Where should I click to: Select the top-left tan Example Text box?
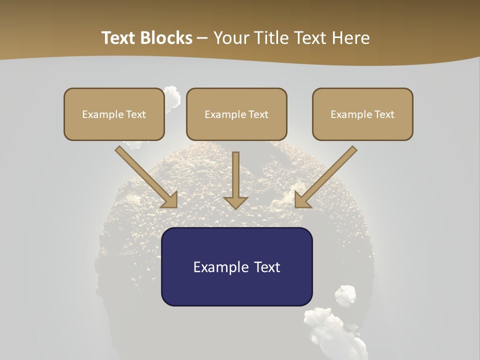click(x=114, y=114)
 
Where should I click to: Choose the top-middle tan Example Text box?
click(x=236, y=114)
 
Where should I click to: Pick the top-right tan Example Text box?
click(x=362, y=114)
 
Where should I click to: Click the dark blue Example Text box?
click(x=236, y=266)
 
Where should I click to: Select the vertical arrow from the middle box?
click(x=235, y=177)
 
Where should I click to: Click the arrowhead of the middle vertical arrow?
click(x=235, y=202)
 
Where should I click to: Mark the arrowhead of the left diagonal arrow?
click(x=170, y=200)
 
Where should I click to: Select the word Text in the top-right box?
click(x=384, y=114)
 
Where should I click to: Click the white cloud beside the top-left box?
click(x=171, y=98)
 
